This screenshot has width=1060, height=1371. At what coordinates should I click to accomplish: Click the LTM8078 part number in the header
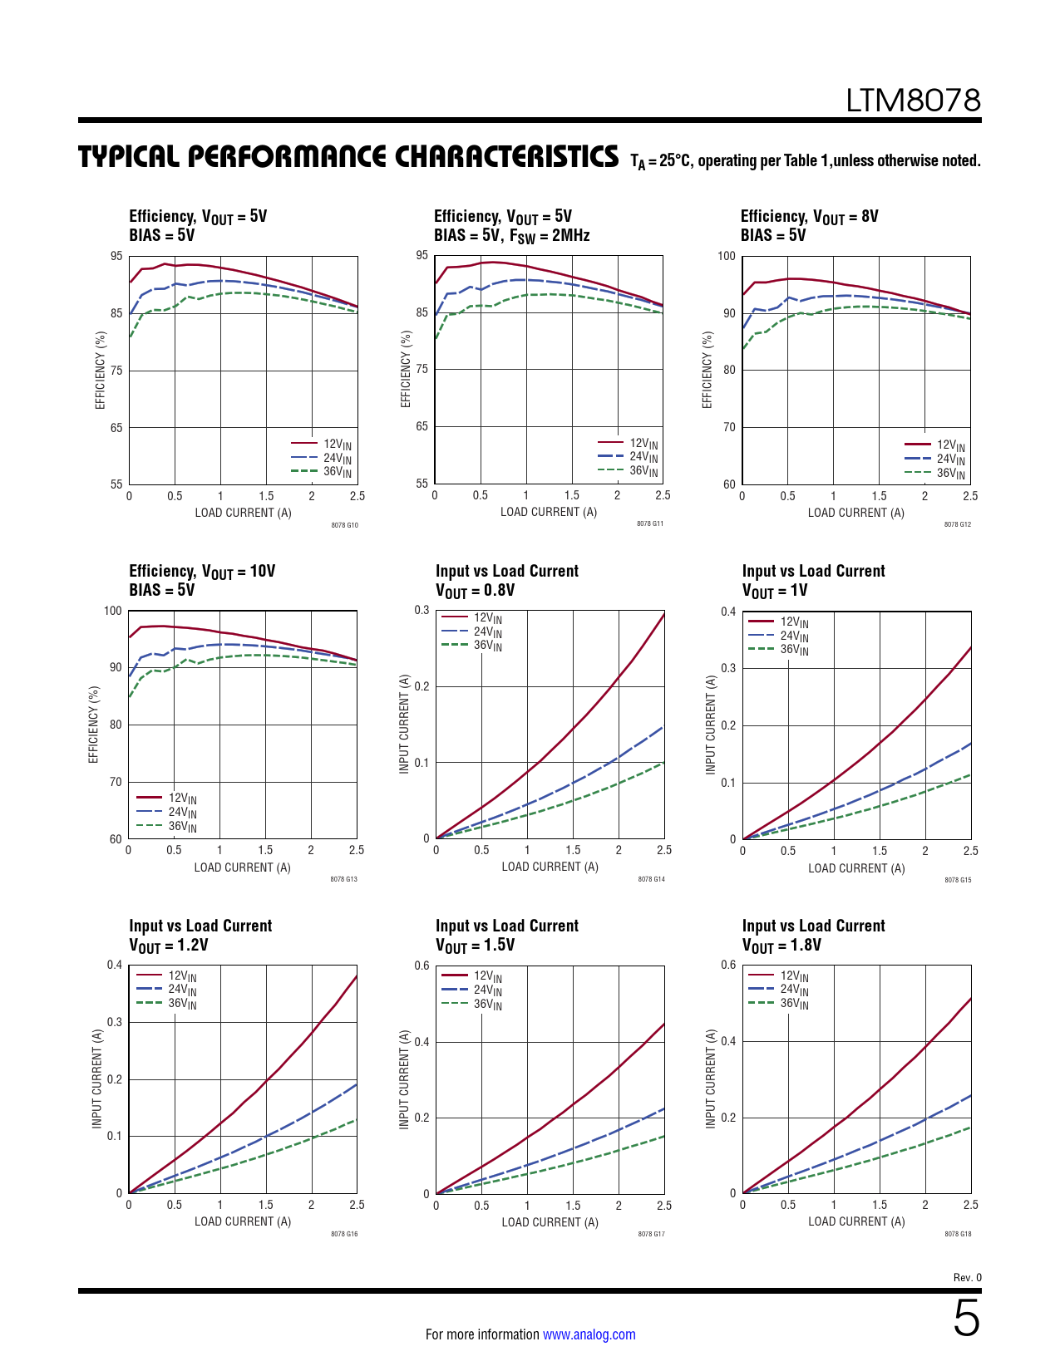(913, 101)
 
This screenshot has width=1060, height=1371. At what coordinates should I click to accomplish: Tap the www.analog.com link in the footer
(589, 1334)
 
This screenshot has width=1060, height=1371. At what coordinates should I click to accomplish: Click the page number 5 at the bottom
(966, 1319)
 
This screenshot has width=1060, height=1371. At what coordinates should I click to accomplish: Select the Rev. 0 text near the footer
(967, 1277)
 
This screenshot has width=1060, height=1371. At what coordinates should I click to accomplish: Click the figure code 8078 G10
(344, 525)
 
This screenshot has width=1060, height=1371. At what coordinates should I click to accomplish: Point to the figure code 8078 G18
(958, 1234)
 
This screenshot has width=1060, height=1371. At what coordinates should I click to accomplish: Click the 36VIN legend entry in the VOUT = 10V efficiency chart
(182, 826)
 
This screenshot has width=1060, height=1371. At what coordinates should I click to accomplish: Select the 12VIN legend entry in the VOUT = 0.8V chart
(487, 617)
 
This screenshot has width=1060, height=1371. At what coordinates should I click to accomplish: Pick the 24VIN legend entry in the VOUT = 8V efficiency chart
(950, 459)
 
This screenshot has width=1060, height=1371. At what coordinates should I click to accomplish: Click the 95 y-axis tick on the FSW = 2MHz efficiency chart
(422, 255)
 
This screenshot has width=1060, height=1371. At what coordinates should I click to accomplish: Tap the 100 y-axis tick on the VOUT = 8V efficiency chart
(727, 256)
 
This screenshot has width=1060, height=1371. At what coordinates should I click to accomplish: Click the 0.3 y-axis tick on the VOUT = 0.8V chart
(422, 610)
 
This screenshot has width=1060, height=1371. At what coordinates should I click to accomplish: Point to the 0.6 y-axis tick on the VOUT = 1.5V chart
(422, 966)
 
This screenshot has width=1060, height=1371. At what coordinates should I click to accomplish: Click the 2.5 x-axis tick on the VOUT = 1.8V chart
(970, 1205)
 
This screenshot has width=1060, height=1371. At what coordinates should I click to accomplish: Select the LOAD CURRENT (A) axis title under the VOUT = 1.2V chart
(243, 1221)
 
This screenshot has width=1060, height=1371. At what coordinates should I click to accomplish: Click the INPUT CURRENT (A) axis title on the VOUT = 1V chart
(710, 725)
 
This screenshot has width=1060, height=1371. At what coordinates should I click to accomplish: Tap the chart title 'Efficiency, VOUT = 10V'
(202, 572)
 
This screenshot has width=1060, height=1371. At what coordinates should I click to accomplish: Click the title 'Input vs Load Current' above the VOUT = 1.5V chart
(507, 926)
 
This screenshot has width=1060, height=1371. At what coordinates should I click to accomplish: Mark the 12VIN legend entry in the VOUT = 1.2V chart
(182, 976)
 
